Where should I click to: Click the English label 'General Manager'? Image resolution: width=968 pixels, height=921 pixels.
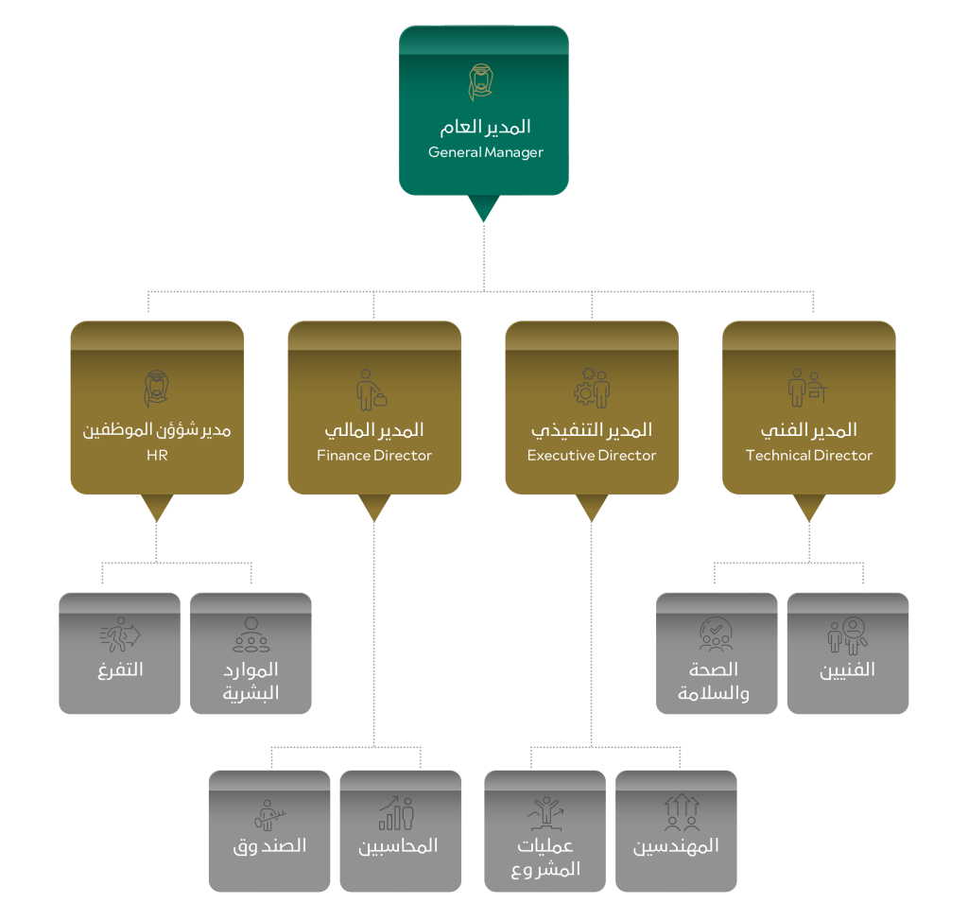485,152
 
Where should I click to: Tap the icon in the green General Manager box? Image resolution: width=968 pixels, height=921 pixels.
483,82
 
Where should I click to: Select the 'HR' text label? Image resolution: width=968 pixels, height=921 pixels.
157,456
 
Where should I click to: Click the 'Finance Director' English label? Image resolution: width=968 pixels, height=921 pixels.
374,456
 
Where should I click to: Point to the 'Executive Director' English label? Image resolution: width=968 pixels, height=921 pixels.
592,456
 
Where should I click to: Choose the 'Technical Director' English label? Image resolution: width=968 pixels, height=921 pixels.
809,456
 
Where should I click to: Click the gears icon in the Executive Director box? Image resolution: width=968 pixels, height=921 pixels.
592,388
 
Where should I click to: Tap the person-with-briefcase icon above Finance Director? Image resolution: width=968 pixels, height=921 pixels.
372,389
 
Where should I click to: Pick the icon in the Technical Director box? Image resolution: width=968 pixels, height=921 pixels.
808,389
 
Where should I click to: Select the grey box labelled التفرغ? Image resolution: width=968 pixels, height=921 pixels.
119,652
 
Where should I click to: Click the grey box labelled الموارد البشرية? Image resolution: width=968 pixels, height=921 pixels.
251,652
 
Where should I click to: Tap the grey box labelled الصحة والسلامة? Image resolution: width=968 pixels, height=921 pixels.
717,652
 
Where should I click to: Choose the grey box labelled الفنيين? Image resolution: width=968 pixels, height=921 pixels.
847,652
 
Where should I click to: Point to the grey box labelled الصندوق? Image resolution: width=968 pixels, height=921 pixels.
269,830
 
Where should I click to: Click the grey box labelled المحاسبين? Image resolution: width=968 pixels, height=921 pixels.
400,830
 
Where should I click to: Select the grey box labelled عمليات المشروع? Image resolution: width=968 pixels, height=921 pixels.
544,830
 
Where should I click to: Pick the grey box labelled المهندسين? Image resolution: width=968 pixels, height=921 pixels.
676,830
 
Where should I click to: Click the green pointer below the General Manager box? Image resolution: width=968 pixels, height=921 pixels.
483,209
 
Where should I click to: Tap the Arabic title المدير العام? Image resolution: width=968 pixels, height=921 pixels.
485,127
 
